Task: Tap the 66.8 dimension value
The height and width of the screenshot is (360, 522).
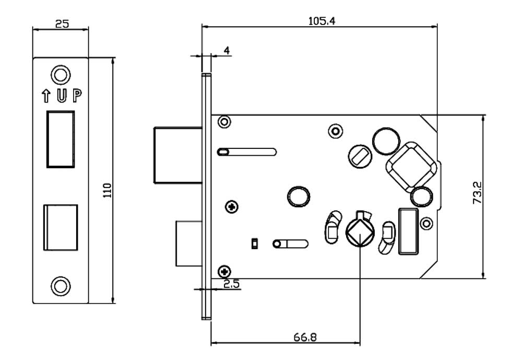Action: click(x=304, y=337)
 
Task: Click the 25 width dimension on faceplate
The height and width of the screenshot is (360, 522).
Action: click(x=61, y=24)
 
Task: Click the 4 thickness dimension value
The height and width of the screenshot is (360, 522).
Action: click(x=227, y=50)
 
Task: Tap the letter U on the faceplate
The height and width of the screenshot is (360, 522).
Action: click(x=62, y=96)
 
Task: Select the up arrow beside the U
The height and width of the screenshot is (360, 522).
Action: click(x=46, y=96)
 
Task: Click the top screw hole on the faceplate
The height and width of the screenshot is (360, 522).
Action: click(x=61, y=73)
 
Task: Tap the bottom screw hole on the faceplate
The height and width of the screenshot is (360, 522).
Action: click(x=61, y=285)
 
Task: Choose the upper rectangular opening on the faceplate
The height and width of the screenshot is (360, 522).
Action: click(x=61, y=138)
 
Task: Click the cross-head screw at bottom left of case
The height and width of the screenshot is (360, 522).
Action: click(x=225, y=271)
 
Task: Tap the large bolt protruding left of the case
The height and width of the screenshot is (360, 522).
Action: click(x=177, y=155)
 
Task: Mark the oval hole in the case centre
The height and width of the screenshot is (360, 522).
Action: click(x=298, y=196)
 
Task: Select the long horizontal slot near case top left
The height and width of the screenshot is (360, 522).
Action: click(x=246, y=152)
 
